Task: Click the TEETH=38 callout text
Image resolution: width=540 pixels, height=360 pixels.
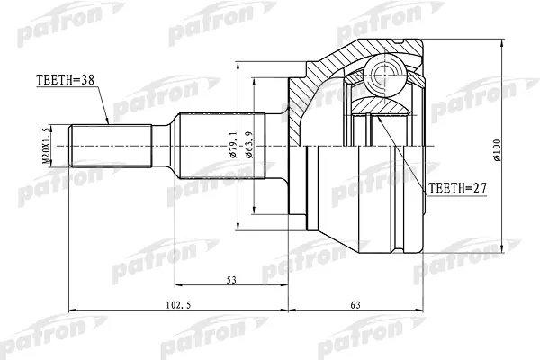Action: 65,80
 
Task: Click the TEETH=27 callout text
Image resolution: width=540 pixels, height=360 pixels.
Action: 457,188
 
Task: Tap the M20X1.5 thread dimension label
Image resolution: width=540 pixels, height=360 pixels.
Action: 47,146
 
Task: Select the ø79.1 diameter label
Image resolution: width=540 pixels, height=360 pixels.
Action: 234,145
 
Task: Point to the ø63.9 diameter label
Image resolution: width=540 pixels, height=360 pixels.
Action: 249,145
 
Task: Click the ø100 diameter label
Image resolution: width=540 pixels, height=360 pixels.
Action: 497,150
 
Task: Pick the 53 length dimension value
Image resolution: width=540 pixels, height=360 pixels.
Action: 232,280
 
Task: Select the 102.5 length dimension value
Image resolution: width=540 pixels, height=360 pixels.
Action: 178,305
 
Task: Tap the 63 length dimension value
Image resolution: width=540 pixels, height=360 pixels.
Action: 355,305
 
